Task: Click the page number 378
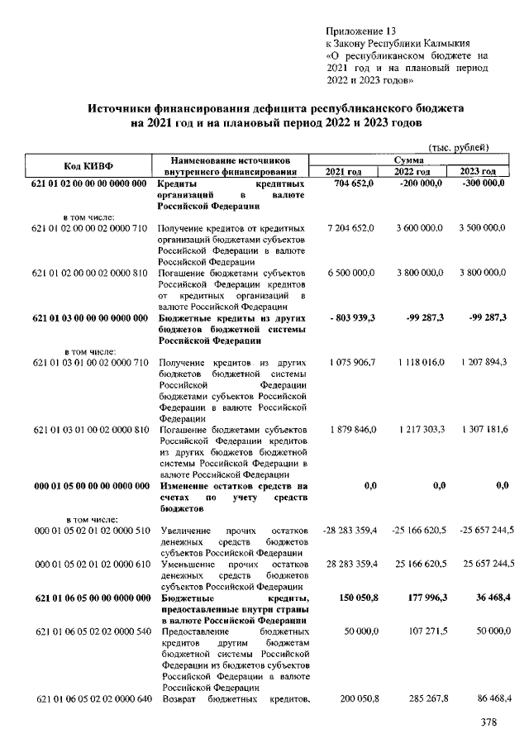point(491,723)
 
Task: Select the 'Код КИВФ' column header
point(88,164)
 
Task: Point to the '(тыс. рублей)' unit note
point(458,146)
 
